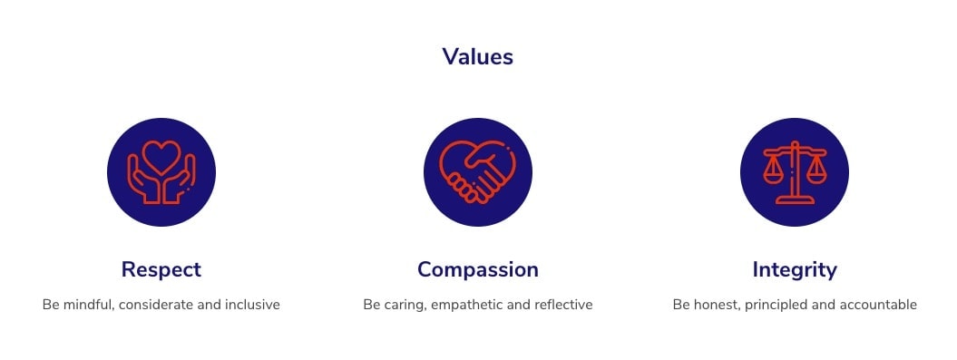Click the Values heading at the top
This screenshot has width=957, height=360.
point(478,57)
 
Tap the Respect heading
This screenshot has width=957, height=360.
point(161,269)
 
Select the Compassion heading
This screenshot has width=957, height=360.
point(478,269)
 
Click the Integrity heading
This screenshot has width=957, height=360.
point(795,269)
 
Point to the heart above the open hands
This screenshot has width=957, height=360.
point(161,156)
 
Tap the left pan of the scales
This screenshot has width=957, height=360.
point(773,172)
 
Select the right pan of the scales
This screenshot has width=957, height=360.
point(816,172)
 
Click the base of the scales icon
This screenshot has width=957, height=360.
point(795,199)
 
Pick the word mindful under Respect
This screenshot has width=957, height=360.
point(87,305)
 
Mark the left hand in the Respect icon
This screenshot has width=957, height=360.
point(142,179)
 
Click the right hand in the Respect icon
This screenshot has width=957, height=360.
point(181,179)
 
